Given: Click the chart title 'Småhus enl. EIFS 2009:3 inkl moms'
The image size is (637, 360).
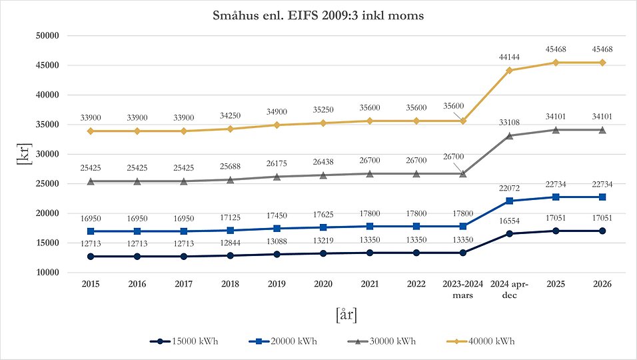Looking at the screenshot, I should pyautogui.click(x=318, y=15).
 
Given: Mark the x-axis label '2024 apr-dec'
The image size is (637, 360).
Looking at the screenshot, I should pyautogui.click(x=509, y=288).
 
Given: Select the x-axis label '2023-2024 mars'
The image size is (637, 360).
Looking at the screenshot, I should pyautogui.click(x=462, y=288).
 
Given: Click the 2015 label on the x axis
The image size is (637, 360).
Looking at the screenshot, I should pyautogui.click(x=91, y=283).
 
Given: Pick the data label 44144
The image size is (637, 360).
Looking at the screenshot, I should pyautogui.click(x=509, y=58).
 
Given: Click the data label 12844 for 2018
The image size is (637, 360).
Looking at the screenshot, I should pyautogui.click(x=230, y=243).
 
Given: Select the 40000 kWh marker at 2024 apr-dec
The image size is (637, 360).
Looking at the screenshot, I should pyautogui.click(x=509, y=70).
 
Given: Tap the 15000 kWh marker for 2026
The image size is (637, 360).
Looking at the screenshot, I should pyautogui.click(x=602, y=231).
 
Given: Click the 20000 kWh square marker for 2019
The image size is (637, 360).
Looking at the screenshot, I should pyautogui.click(x=277, y=228).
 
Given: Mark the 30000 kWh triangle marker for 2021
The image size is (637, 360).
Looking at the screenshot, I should pyautogui.click(x=370, y=173).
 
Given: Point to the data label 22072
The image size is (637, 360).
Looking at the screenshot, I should pyautogui.click(x=509, y=188).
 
